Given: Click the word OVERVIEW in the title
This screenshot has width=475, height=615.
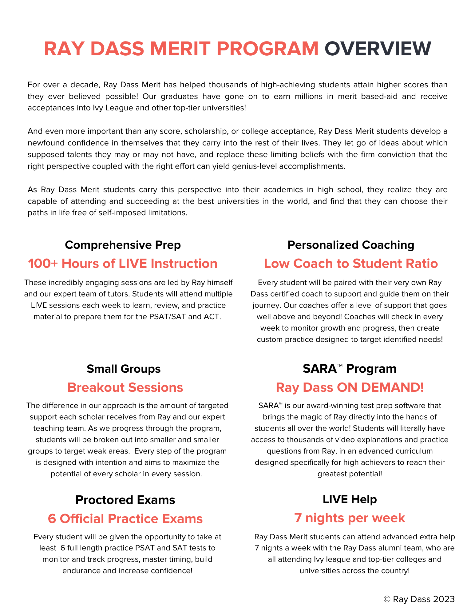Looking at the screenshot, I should (378, 49).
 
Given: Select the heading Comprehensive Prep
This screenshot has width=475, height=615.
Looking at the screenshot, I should (123, 245).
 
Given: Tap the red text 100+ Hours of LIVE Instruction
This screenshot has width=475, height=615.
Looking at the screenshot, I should (123, 264).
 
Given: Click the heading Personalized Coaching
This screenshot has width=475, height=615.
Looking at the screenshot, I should (350, 245).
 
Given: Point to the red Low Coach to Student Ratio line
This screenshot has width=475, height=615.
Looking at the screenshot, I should (350, 264).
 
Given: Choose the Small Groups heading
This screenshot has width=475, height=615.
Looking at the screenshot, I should (124, 369).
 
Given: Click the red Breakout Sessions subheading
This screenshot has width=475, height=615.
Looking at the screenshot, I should (125, 387).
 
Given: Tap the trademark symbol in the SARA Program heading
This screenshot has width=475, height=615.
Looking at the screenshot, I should (339, 365).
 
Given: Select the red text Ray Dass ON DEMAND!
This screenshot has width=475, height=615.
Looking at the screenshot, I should (350, 387).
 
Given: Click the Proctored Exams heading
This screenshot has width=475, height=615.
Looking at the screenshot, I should (125, 500).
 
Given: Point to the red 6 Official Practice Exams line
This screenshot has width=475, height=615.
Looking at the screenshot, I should (125, 519).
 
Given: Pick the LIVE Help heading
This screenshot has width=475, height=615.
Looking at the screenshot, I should (350, 499).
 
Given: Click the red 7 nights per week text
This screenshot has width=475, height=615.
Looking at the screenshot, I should (350, 518).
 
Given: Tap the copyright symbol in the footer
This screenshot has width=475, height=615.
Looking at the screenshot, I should (387, 599).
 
